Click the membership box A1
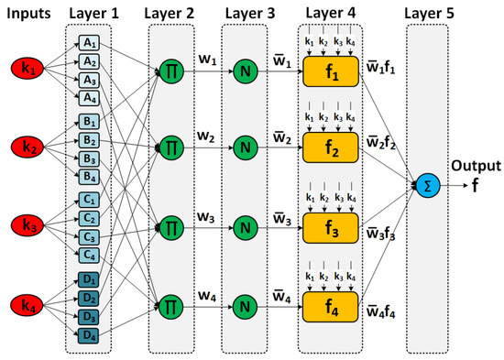coord(89,43)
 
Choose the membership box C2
coord(89,218)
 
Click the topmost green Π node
coord(170,68)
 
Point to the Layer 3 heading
coord(247,11)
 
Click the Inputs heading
coord(27,11)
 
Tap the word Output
coord(475,166)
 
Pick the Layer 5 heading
coord(422,11)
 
